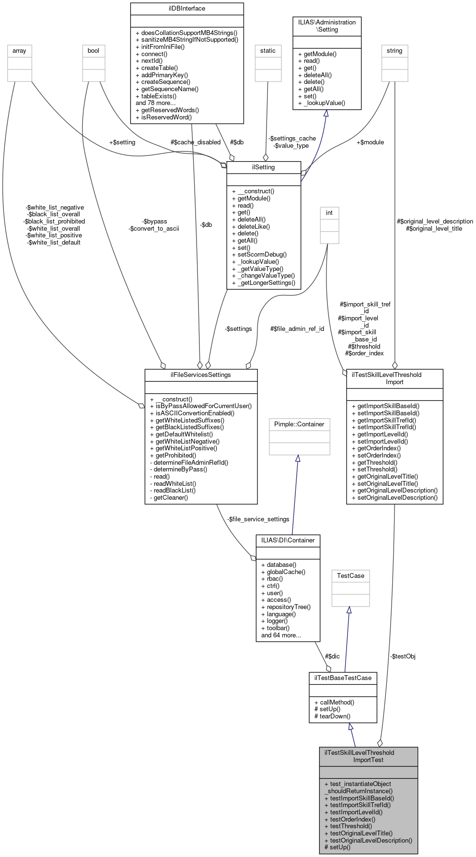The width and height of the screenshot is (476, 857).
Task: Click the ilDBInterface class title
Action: tap(187, 9)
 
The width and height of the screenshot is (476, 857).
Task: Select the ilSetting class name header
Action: tap(263, 167)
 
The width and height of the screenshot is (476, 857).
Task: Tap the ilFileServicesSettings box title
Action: tap(201, 375)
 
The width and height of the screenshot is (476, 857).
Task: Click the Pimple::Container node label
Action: tap(299, 424)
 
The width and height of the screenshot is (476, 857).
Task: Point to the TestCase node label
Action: tap(350, 575)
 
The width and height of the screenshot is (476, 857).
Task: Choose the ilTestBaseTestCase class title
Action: tap(343, 678)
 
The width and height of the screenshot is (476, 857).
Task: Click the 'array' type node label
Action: tap(19, 51)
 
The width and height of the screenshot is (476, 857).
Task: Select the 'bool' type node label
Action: tap(93, 51)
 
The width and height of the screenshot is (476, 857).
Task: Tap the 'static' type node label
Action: tap(268, 51)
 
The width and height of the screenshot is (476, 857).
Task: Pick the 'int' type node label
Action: tap(329, 213)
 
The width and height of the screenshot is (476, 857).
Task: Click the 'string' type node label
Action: tap(395, 51)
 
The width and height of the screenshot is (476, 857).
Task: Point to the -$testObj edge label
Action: tap(403, 656)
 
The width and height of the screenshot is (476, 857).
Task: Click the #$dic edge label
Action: tap(332, 656)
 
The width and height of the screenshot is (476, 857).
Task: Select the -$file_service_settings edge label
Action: tap(258, 519)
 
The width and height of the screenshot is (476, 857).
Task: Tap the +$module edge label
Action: tap(370, 142)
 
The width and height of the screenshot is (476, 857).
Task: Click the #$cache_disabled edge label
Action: tap(196, 142)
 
